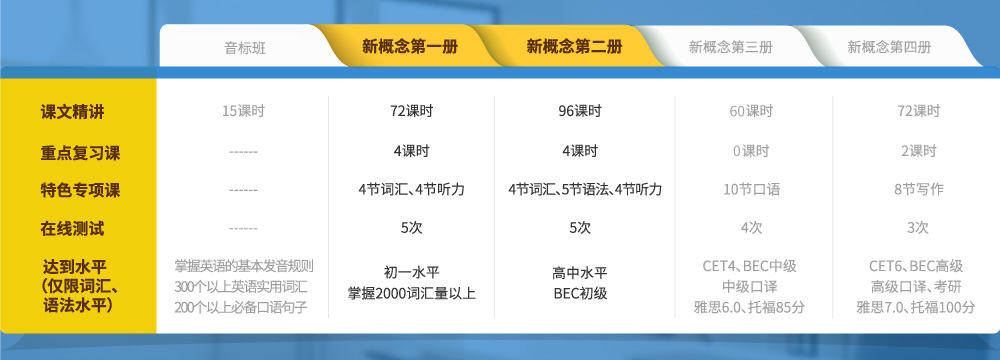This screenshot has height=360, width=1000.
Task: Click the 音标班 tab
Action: point(246,47)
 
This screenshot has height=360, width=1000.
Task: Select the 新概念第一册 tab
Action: point(410,47)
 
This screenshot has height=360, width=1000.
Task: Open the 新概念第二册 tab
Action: point(575,47)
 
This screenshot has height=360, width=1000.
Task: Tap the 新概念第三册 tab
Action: point(731,47)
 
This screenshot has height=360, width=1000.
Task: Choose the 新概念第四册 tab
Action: point(889,47)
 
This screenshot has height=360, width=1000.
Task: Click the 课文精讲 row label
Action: point(72,112)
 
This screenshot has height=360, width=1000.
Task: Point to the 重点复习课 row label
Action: point(80,153)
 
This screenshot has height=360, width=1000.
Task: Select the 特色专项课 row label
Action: point(80,190)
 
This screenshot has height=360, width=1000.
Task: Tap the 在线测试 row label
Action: point(72,229)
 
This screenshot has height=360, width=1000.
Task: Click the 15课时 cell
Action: point(243,111)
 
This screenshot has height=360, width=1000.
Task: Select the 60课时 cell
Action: point(751,111)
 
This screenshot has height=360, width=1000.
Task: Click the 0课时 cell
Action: point(751,151)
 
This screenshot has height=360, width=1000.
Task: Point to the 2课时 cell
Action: point(918,151)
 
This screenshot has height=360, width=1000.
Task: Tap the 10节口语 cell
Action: point(751,190)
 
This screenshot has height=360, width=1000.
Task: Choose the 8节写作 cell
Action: point(918,190)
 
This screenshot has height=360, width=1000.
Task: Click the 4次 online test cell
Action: point(751,228)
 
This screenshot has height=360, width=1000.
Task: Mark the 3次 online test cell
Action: point(918,228)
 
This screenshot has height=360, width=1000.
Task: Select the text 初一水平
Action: point(412,273)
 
